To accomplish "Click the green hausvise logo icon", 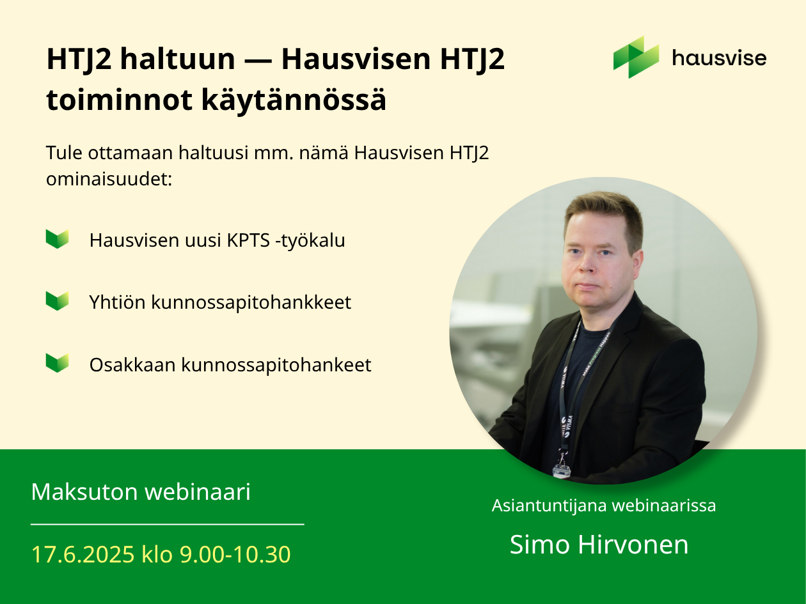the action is (636, 58).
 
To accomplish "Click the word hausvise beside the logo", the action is (719, 58).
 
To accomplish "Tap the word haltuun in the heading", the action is (177, 59).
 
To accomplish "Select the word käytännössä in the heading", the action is (294, 100).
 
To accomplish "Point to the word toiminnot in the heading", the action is (120, 100).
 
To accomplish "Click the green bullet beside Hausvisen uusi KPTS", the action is (58, 239).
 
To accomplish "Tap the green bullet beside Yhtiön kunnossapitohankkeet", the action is (58, 300).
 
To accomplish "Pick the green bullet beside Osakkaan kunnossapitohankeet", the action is (58, 362).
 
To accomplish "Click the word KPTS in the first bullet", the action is (248, 240).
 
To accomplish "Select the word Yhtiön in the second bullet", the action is (117, 302).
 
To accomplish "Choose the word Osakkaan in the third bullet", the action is (132, 365).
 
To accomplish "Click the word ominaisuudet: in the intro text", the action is (109, 180).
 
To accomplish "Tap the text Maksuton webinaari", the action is (141, 492).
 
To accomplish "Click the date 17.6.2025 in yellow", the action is (83, 554).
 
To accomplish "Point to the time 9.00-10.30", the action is (235, 554).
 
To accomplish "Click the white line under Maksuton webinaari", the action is (168, 524).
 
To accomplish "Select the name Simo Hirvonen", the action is (599, 544).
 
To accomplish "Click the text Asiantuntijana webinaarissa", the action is (604, 506).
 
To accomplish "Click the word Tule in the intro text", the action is (64, 153).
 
